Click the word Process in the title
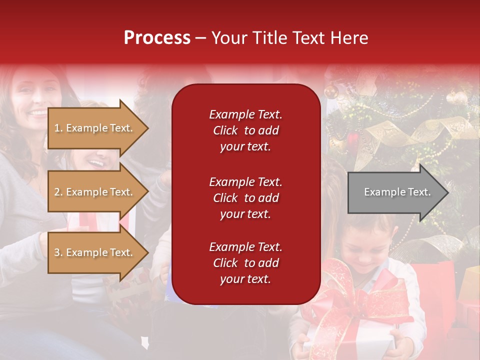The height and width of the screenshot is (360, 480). [157, 38]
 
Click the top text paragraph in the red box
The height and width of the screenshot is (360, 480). [245, 130]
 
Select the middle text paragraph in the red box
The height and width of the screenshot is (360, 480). [245, 198]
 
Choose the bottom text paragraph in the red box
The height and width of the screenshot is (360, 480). [245, 263]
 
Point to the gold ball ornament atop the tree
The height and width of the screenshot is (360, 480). [330, 91]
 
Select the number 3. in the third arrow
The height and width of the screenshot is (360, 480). [58, 252]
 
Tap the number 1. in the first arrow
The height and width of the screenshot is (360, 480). [58, 128]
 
